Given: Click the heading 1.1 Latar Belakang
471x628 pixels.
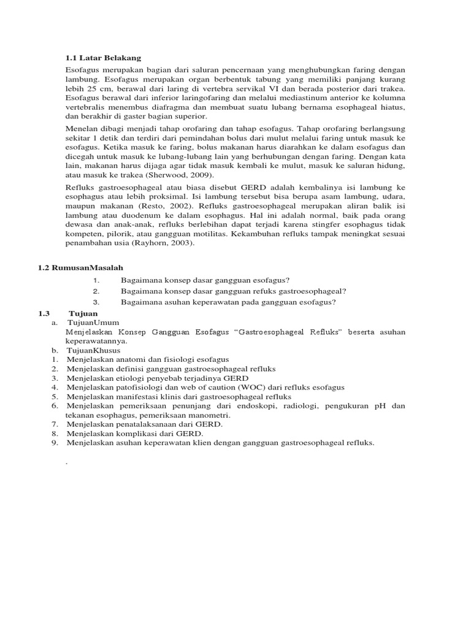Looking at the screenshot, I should (103, 58).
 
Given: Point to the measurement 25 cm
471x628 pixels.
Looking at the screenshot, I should (93, 89).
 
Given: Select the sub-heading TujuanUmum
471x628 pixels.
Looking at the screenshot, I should (93, 322).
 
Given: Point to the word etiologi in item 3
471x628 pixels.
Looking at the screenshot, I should (124, 378).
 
